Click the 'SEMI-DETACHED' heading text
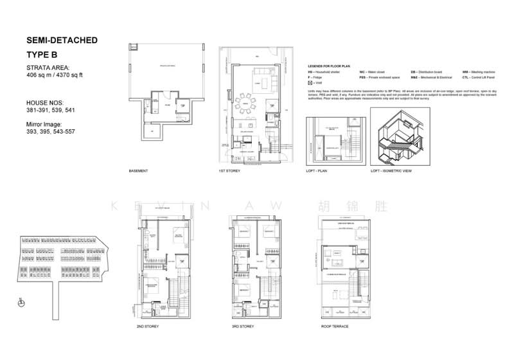coord(62,40)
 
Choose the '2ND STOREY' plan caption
coord(148,327)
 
